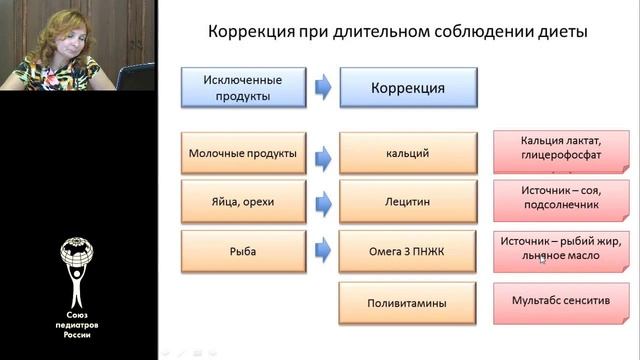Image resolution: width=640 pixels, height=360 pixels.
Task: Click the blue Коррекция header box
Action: pyautogui.click(x=408, y=87)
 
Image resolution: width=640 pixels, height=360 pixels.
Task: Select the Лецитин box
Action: pyautogui.click(x=408, y=202)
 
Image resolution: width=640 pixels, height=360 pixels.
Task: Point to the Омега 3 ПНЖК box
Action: pyautogui.click(x=408, y=251)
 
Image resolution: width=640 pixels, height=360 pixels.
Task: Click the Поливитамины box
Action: pyautogui.click(x=408, y=302)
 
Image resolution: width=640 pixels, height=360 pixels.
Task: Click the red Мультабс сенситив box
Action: pyautogui.click(x=560, y=302)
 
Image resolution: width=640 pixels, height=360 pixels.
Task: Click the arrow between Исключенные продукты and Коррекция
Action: pyautogui.click(x=324, y=87)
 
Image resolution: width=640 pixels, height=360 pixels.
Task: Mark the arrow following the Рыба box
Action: pyautogui.click(x=324, y=251)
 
